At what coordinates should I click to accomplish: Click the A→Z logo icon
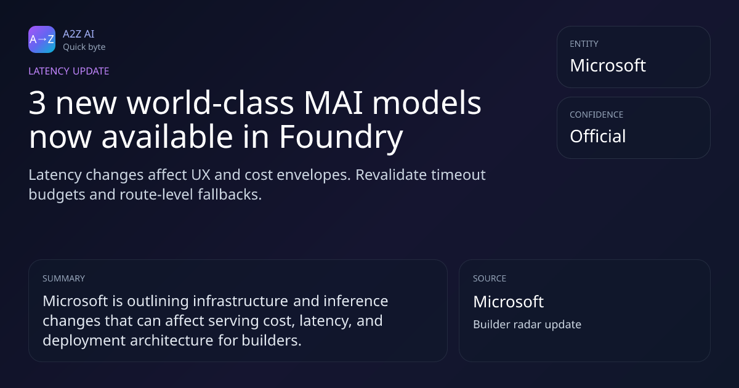[x=42, y=39]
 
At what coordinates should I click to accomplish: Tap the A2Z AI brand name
[x=79, y=34]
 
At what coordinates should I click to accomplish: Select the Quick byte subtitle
[x=84, y=47]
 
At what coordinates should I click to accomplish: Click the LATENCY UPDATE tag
[x=68, y=71]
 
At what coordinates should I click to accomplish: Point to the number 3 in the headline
[x=37, y=103]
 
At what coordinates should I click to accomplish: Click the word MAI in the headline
[x=333, y=103]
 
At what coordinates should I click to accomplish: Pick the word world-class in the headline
[x=210, y=102]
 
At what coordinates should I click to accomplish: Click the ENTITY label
[x=584, y=44]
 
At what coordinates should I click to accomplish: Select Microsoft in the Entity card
[x=608, y=65]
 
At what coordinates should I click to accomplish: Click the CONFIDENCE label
[x=597, y=115]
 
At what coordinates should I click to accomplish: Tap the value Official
[x=597, y=136]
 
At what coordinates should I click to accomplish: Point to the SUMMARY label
[x=63, y=278]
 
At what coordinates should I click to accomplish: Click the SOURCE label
[x=490, y=278]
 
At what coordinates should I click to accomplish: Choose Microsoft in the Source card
[x=509, y=302]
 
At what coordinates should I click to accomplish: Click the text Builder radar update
[x=527, y=325]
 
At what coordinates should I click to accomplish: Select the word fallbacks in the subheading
[x=230, y=195]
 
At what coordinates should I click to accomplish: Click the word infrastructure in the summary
[x=241, y=301]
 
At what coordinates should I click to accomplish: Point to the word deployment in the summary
[x=84, y=341]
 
